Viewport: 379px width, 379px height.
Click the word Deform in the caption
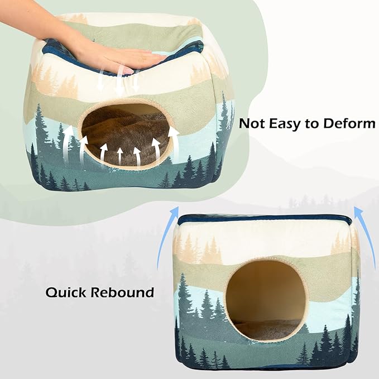pyautogui.click(x=347, y=123)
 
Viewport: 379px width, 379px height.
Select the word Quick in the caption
pyautogui.click(x=66, y=292)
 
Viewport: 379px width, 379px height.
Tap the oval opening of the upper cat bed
pyautogui.click(x=124, y=134)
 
